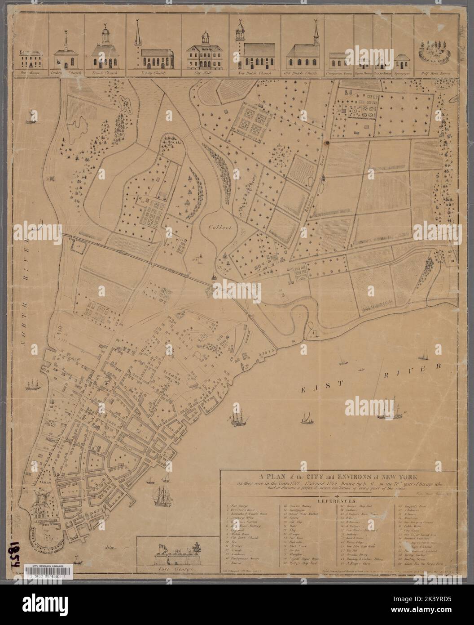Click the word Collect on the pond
219,228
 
